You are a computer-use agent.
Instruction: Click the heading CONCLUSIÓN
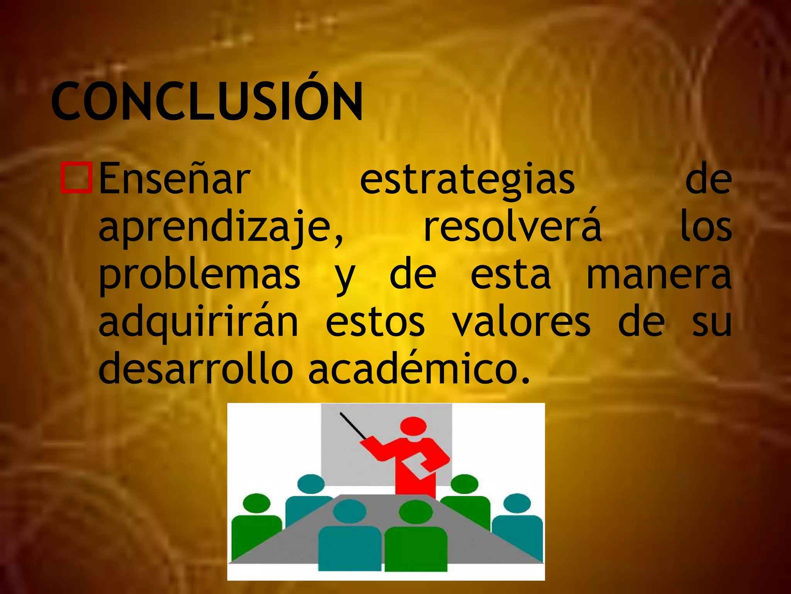(x=207, y=101)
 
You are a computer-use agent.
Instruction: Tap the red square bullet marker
(x=76, y=178)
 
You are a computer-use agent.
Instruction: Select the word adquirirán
(x=198, y=323)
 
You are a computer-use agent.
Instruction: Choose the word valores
(x=521, y=323)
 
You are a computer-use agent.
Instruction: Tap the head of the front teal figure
(x=349, y=511)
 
